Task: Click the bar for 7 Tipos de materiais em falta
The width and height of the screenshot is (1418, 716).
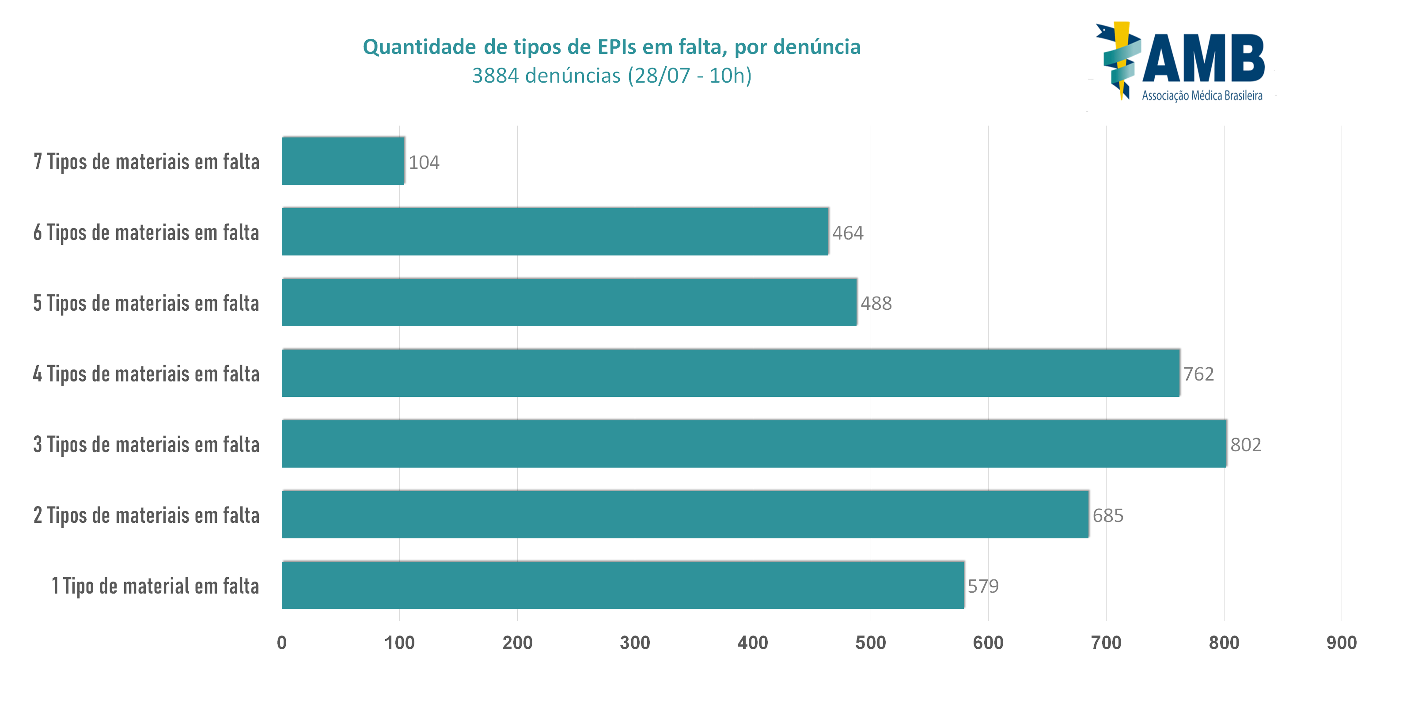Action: [343, 161]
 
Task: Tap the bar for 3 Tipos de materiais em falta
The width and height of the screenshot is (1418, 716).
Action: [754, 443]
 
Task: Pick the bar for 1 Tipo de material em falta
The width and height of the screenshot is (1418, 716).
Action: [622, 585]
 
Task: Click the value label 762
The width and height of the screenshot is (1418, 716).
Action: [1198, 374]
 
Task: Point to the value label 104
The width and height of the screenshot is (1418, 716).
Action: [424, 163]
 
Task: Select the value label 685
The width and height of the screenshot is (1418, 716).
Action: [1107, 515]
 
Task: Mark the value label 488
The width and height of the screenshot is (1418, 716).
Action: [876, 304]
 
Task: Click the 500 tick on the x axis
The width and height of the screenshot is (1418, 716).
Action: [870, 643]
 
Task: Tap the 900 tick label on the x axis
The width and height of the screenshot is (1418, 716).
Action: [1341, 643]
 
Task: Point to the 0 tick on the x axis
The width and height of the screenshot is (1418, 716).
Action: [282, 643]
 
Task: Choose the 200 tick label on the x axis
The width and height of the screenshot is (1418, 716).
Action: [517, 643]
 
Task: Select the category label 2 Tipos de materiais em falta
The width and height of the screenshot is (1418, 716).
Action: [146, 515]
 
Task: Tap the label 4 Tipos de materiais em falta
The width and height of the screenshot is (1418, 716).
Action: [146, 374]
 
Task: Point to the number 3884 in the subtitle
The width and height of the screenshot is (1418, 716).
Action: [495, 76]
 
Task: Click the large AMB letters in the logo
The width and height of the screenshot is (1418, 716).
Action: [1203, 57]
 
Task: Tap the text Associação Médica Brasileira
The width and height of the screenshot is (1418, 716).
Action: [1202, 96]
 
